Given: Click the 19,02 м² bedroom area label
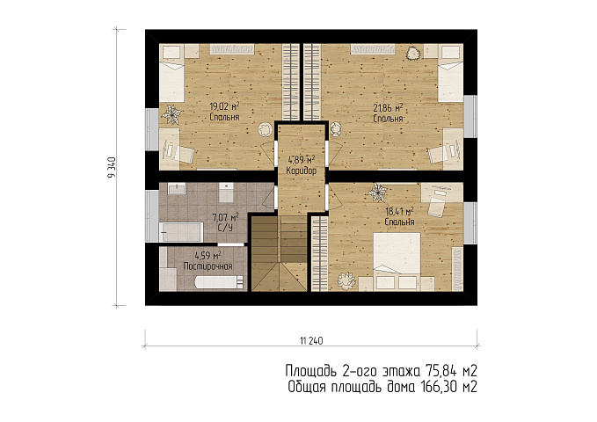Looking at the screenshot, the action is [224, 105].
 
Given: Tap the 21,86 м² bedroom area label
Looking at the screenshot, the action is [388, 108].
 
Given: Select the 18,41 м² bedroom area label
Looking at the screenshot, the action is [399, 211].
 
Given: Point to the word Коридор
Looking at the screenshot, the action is [301, 171].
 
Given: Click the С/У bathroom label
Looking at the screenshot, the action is [224, 228].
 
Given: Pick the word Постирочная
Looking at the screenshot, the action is [207, 266].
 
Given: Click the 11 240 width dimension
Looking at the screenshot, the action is [311, 340].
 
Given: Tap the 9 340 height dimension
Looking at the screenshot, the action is [112, 168].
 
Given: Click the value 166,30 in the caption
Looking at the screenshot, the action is [439, 387].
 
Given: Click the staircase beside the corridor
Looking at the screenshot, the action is [279, 253].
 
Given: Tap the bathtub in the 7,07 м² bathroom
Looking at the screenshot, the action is [181, 232].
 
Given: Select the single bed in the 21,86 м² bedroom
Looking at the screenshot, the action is [451, 79].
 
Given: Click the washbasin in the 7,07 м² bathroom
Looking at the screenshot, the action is [177, 188].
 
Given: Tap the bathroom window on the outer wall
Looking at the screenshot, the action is [153, 216].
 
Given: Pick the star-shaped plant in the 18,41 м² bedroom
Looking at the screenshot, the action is [377, 193].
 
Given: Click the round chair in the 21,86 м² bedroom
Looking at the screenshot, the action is [336, 129].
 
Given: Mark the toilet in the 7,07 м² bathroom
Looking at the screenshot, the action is [226, 193].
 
